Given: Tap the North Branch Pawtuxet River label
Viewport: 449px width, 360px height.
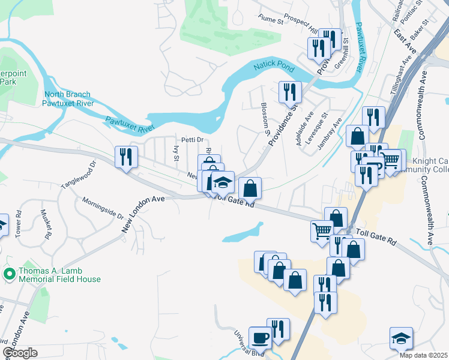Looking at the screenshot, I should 67,98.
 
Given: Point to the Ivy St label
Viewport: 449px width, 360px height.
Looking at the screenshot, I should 176,153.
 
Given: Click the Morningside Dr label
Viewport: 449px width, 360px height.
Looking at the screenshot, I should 103,209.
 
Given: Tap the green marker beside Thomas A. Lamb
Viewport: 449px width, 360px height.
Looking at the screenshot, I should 9,274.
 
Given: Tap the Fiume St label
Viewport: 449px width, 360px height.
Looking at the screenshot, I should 271,20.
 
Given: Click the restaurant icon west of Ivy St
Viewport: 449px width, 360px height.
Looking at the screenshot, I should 126,157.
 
